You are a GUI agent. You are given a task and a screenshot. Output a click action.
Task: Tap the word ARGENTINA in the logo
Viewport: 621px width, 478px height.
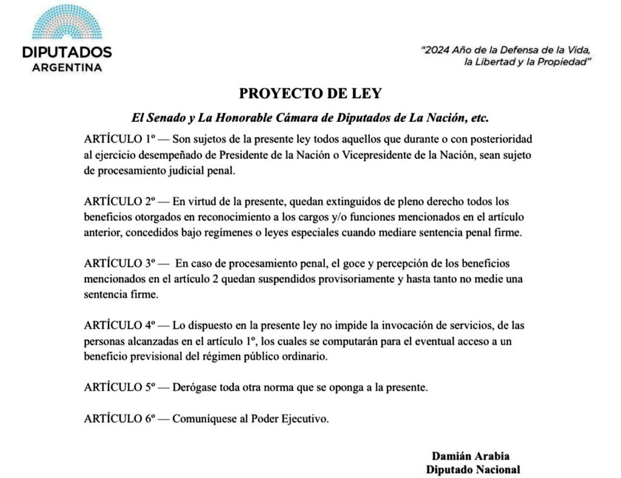[66, 67]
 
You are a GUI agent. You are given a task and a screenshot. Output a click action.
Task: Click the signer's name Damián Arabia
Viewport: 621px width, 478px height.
[471, 456]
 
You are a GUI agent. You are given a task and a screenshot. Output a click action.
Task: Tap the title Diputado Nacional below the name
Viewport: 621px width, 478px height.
[473, 469]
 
